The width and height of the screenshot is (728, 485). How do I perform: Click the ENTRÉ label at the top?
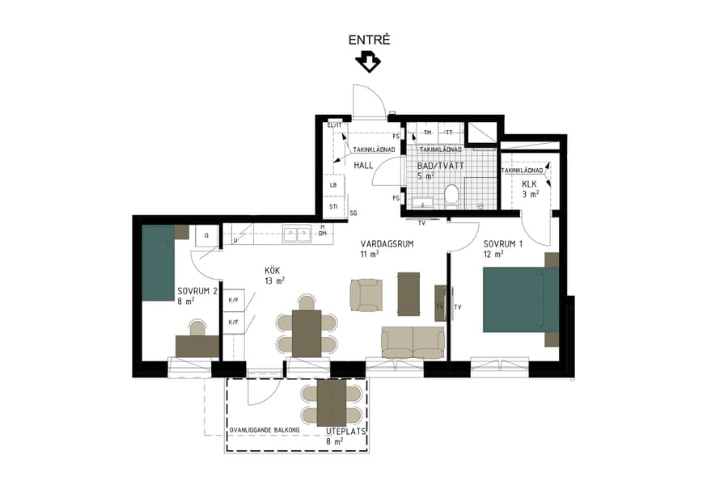tap(369, 40)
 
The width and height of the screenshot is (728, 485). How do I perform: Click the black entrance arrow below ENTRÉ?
tap(368, 61)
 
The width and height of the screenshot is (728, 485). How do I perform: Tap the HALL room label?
tap(364, 166)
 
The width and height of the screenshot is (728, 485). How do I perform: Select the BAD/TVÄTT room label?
tap(440, 165)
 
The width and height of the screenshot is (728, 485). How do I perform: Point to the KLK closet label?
tap(530, 184)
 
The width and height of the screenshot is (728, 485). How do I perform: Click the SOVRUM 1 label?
tap(504, 244)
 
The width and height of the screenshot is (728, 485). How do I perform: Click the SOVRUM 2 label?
tap(197, 292)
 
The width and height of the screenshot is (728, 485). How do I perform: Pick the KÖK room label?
tap(273, 271)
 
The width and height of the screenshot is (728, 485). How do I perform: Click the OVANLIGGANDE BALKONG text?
tap(265, 428)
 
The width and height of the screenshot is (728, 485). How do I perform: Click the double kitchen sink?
tap(296, 234)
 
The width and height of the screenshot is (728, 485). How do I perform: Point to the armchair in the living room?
tap(365, 294)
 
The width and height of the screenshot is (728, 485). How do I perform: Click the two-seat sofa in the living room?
tap(413, 342)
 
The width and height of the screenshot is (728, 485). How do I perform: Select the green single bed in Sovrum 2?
tap(159, 264)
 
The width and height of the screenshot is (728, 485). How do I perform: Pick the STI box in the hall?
tap(334, 207)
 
